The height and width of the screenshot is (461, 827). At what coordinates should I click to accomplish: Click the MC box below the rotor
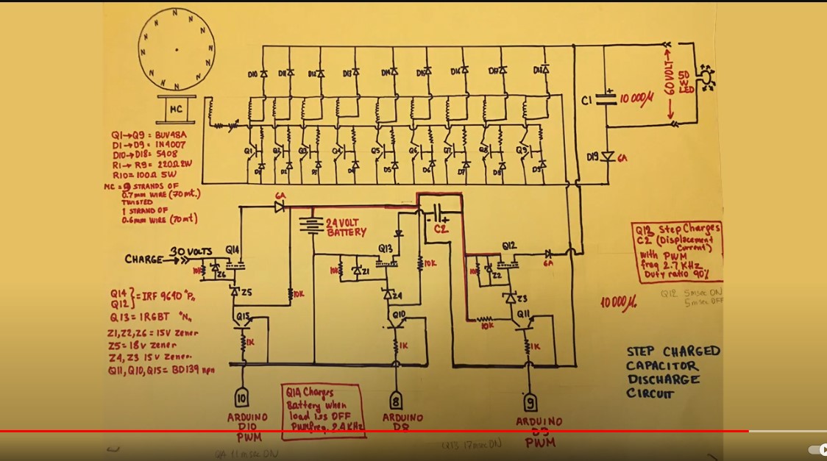[176, 110]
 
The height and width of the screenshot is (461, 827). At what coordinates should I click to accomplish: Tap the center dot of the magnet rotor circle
[177, 49]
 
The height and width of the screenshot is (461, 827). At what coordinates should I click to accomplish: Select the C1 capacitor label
[586, 99]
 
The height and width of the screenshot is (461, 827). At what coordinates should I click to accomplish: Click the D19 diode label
[592, 156]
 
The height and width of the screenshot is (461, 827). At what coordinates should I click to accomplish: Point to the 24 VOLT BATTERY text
[345, 227]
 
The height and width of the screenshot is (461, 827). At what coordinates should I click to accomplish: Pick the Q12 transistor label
[508, 245]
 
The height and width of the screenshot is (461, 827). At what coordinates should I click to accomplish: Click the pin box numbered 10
[242, 397]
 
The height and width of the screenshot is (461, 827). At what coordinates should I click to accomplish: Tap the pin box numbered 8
[397, 400]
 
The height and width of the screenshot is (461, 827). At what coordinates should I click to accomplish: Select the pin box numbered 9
[530, 402]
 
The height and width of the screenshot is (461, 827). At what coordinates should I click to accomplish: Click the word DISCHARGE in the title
[662, 379]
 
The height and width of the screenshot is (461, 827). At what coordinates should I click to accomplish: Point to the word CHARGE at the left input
[144, 259]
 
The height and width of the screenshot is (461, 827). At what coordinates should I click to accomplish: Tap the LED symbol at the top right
[706, 76]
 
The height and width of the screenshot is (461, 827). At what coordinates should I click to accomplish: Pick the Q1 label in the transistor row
[249, 151]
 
